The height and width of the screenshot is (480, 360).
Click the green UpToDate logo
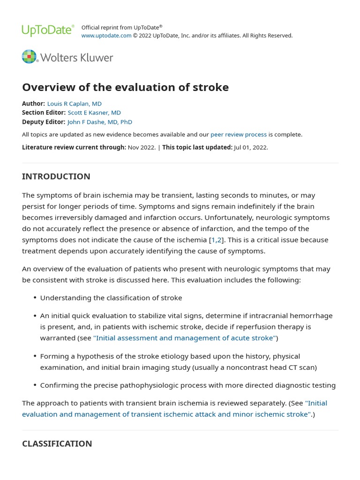click(x=48, y=31)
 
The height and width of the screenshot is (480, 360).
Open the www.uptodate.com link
click(x=106, y=36)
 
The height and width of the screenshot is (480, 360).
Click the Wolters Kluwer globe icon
click(x=29, y=57)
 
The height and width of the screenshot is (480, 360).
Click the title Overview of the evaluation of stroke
click(x=125, y=87)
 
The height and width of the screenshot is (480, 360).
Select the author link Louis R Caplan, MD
click(x=75, y=104)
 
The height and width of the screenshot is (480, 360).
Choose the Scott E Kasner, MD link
click(x=94, y=112)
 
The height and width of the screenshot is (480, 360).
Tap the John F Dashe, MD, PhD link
click(x=100, y=122)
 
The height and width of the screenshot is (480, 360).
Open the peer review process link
click(x=239, y=135)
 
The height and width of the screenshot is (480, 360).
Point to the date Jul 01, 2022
click(x=251, y=147)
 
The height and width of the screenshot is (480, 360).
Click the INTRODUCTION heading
click(x=56, y=177)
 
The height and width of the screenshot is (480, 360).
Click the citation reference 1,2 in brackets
click(x=217, y=240)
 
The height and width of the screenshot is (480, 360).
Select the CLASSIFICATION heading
click(x=57, y=443)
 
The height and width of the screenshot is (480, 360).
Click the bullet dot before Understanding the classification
click(x=35, y=298)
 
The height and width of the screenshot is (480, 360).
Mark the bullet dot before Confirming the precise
click(x=35, y=386)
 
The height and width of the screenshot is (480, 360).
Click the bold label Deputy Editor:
click(x=44, y=122)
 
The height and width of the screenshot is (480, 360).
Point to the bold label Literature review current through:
click(x=74, y=147)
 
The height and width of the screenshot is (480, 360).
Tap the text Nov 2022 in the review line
click(x=141, y=147)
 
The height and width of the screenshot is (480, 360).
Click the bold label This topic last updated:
click(x=197, y=147)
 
